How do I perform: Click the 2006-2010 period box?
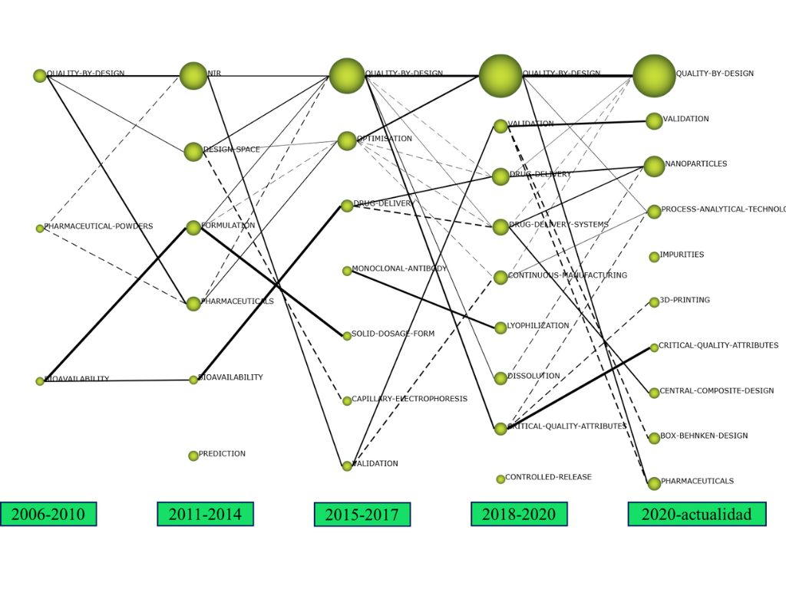point(48,514)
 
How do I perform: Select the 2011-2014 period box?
point(205,514)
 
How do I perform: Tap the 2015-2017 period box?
point(362,515)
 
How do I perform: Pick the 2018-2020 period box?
point(519,514)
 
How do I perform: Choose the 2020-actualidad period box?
point(697,514)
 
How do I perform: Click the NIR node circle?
point(193,75)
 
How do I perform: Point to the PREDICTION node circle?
point(193,456)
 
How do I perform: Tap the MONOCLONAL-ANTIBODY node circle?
point(347,271)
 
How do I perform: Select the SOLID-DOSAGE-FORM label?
point(393,334)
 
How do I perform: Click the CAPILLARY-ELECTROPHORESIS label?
point(409,400)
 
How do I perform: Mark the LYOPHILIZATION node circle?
point(500,327)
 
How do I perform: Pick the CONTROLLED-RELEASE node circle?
point(500,479)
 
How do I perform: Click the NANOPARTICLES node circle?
point(654,166)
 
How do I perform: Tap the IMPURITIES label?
point(682,255)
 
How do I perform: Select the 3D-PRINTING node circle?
point(654,302)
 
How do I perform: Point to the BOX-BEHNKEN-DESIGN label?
point(704,436)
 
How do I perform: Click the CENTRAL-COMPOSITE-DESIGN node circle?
point(654,393)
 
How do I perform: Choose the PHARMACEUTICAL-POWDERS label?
point(98,227)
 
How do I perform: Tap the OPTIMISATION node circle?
point(347,141)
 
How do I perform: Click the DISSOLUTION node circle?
point(500,378)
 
